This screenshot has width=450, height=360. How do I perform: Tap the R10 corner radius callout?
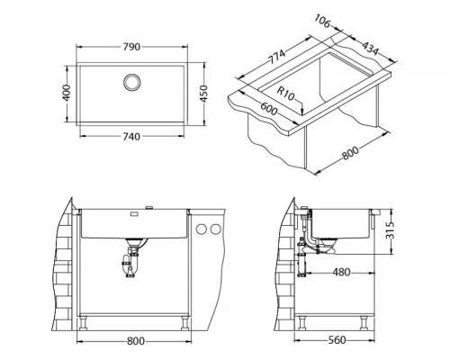tap(288, 91)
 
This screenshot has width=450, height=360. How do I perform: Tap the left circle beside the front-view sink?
tap(203, 230)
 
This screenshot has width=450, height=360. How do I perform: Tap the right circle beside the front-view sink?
tap(216, 230)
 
